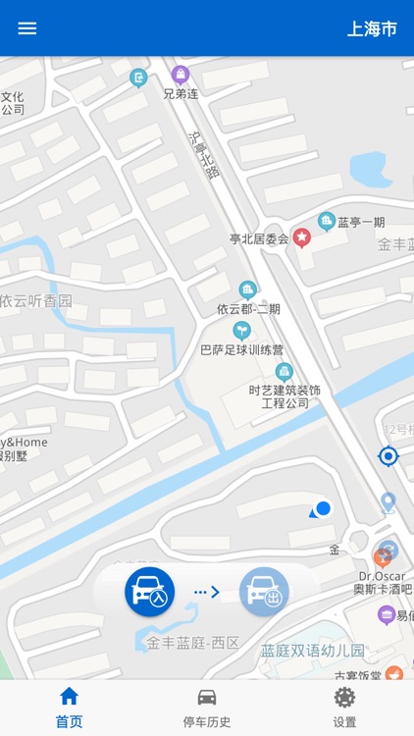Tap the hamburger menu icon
tap(27, 28)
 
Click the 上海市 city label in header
tap(372, 28)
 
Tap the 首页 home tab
tap(69, 707)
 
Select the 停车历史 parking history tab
tap(207, 707)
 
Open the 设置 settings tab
tap(344, 707)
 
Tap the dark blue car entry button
tap(149, 593)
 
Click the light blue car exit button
tap(264, 593)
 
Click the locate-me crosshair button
tap(388, 455)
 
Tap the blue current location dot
tap(323, 508)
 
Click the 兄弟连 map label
tap(181, 94)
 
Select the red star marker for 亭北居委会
tap(302, 237)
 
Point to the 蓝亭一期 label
tap(362, 223)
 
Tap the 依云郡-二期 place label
tap(248, 308)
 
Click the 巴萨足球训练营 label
tap(241, 349)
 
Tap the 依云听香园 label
tap(36, 301)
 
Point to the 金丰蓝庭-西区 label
tap(193, 644)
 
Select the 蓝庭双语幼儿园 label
tap(312, 651)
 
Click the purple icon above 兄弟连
tap(181, 75)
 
